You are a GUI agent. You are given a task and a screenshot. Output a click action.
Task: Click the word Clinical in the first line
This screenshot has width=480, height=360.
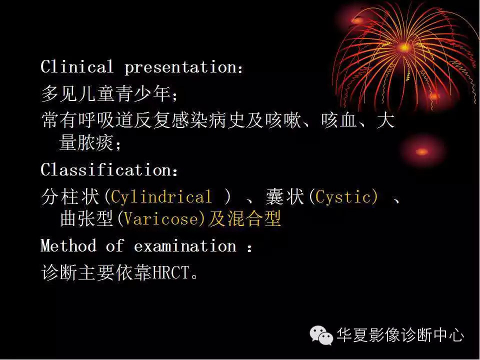pos(77,67)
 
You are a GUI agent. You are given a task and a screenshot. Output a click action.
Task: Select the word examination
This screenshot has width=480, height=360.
pos(185,246)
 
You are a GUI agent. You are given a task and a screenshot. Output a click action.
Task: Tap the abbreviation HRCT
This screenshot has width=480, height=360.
pos(171,273)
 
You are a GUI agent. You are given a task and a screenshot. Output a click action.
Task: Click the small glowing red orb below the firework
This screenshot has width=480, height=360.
pos(422,151)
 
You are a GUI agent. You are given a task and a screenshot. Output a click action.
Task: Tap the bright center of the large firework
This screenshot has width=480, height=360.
pos(404,47)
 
